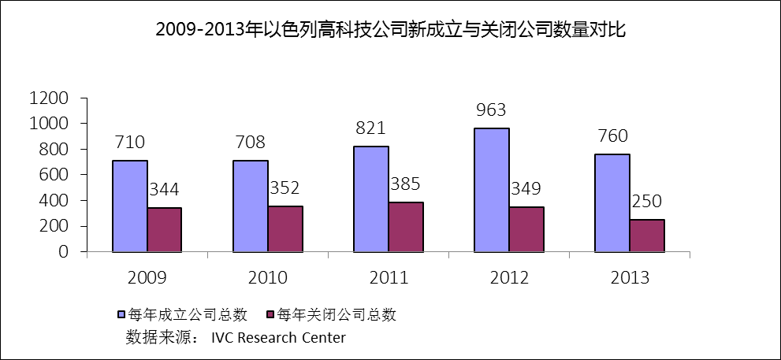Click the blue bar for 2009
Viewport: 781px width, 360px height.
pyautogui.click(x=130, y=206)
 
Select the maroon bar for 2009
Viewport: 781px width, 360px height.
pyautogui.click(x=165, y=230)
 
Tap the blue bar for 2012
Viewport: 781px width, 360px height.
pyautogui.click(x=492, y=190)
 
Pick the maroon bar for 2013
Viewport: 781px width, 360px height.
pyautogui.click(x=646, y=236)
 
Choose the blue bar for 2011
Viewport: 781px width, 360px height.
pyautogui.click(x=371, y=199)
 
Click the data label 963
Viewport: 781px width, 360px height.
pyautogui.click(x=491, y=110)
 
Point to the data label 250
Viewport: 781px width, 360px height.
pyautogui.click(x=646, y=202)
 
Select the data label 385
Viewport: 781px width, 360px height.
pyautogui.click(x=405, y=185)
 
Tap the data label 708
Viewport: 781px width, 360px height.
pyautogui.click(x=250, y=143)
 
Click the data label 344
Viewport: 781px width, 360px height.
pyautogui.click(x=165, y=190)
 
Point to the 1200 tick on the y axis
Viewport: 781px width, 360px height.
pyautogui.click(x=49, y=98)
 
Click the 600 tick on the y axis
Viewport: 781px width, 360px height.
pyautogui.click(x=55, y=175)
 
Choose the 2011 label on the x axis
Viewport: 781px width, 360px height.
pyautogui.click(x=389, y=278)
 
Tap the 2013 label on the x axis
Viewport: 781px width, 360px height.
pyautogui.click(x=630, y=278)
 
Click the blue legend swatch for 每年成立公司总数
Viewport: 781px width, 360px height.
pyautogui.click(x=122, y=315)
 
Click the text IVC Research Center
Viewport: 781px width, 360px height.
pyautogui.click(x=278, y=338)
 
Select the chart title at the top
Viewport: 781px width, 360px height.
pyautogui.click(x=390, y=31)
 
